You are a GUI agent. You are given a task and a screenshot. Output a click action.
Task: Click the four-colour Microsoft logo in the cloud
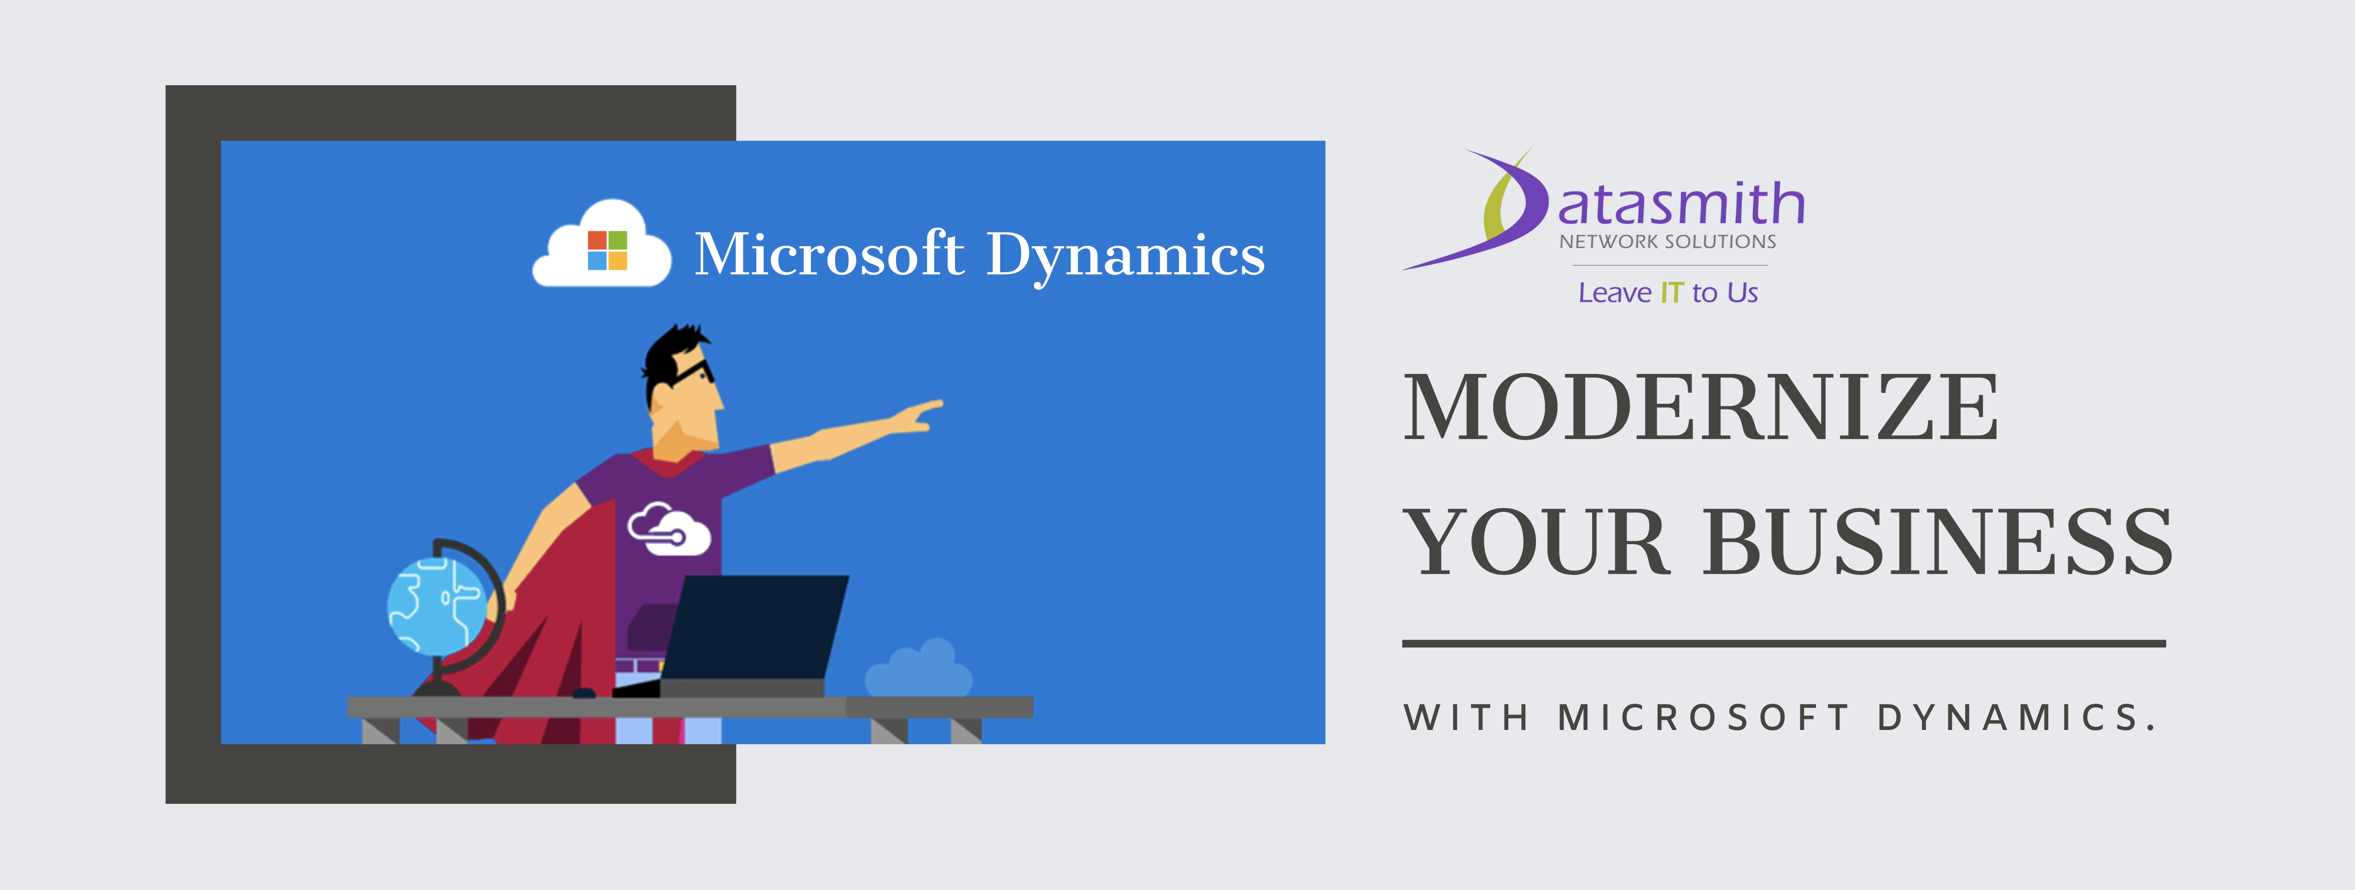607,250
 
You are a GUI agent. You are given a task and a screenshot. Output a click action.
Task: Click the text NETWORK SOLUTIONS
1668,242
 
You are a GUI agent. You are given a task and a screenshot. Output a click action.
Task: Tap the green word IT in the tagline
1671,293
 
